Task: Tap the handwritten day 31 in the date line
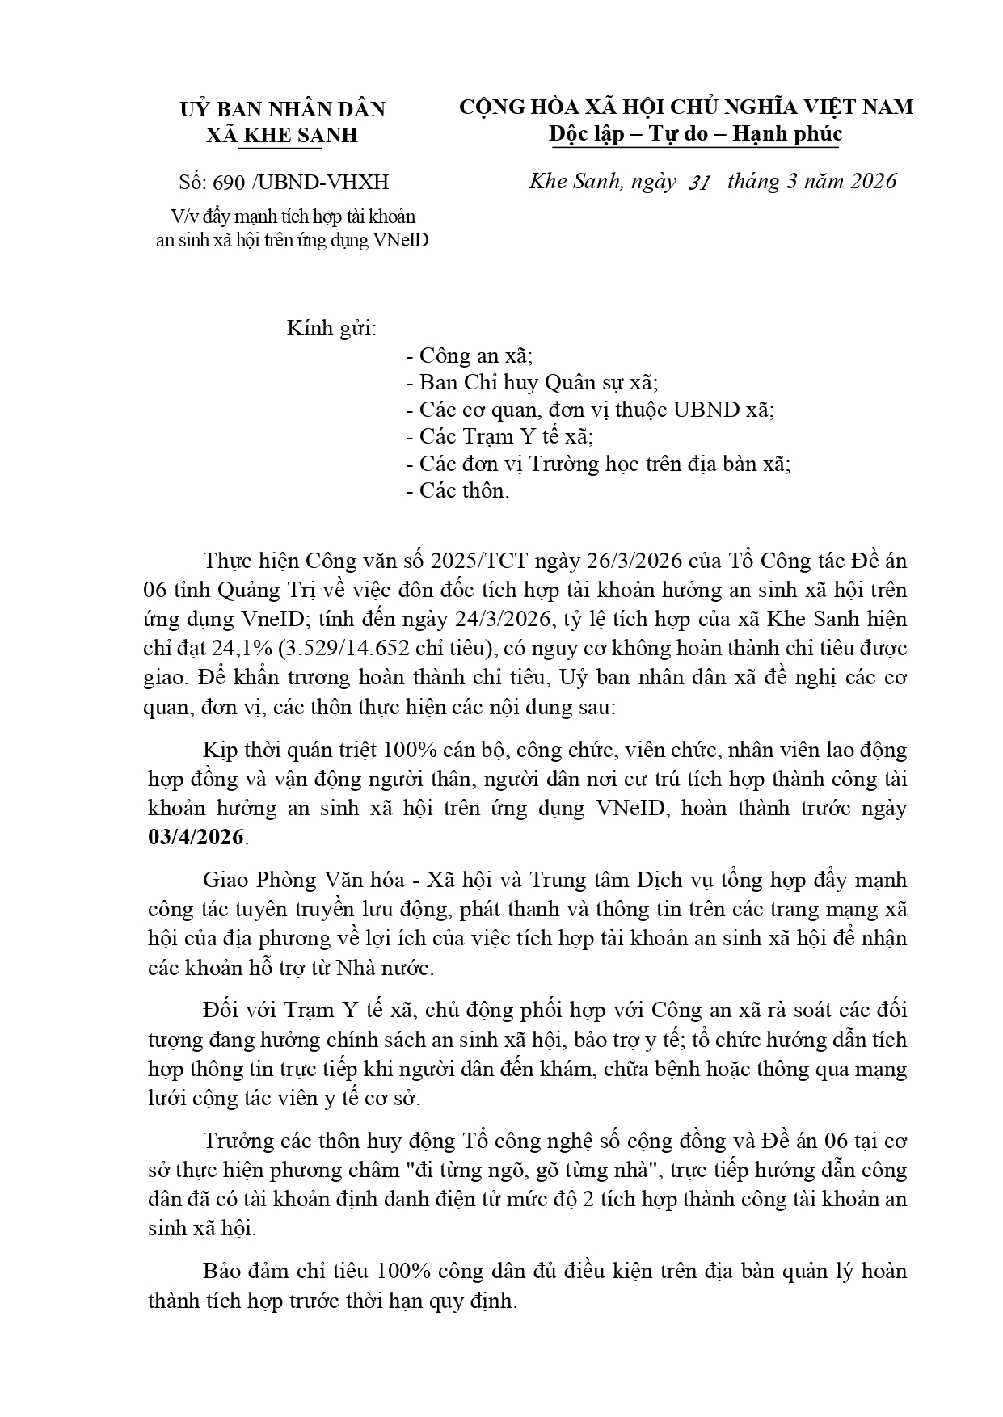(699, 183)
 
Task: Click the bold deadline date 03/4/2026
(196, 837)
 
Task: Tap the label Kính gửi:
(332, 329)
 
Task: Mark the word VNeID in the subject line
(402, 241)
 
